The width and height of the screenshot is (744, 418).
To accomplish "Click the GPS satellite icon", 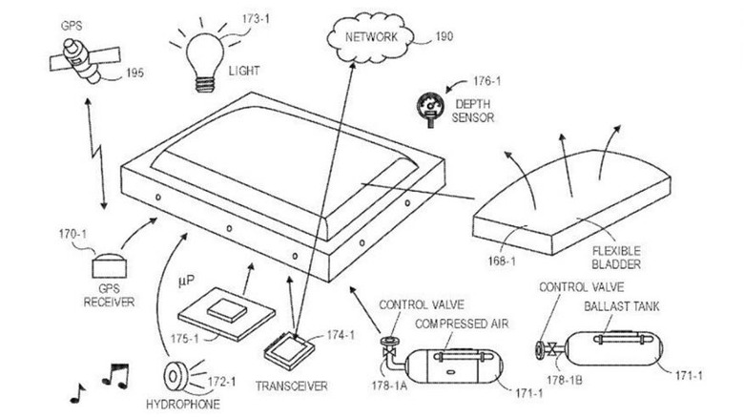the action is pos(85,60).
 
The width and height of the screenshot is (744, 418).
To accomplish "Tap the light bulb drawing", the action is pos(204,62).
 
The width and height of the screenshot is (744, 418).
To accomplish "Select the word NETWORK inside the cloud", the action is pos(371,37).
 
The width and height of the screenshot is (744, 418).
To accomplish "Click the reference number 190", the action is pos(444,36).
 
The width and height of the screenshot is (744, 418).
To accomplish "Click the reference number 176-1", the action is pos(486,81).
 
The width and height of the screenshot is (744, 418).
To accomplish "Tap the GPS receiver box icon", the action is pos(109,266).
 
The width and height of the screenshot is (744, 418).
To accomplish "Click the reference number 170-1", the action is pos(72,234).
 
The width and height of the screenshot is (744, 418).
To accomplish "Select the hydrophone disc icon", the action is pos(176,375).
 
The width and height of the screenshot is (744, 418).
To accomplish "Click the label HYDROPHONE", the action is pos(183,405).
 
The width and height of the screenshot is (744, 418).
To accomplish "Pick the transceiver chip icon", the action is pos(289,350).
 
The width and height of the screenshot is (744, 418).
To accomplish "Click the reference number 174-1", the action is pos(341,335).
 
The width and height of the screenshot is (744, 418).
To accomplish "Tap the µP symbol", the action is pos(186,281).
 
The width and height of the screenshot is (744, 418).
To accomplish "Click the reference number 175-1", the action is pos(185,339).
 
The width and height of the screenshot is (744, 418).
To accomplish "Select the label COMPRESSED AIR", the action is pos(462,324).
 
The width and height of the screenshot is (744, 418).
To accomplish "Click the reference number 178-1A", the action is pos(389,386).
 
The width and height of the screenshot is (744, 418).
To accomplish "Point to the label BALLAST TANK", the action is pos(622,306).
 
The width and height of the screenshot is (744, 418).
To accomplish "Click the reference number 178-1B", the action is pos(564,380).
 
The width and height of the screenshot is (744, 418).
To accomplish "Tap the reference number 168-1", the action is pos(502,261).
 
